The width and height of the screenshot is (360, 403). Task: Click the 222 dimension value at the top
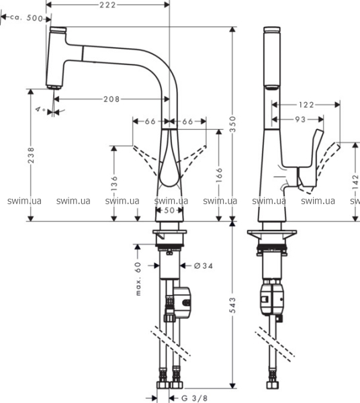tap(107, 5)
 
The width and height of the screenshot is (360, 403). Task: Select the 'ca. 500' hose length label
tap(26, 18)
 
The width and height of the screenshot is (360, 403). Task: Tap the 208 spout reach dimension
tap(111, 99)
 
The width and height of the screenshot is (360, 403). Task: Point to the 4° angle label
tap(40, 110)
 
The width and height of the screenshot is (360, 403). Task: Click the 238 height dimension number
tap(31, 155)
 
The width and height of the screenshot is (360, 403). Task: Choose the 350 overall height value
tap(232, 124)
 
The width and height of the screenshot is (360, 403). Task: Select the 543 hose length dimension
tap(232, 306)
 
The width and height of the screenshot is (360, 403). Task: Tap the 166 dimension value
tap(219, 175)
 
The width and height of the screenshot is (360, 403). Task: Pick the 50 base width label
tap(169, 210)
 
